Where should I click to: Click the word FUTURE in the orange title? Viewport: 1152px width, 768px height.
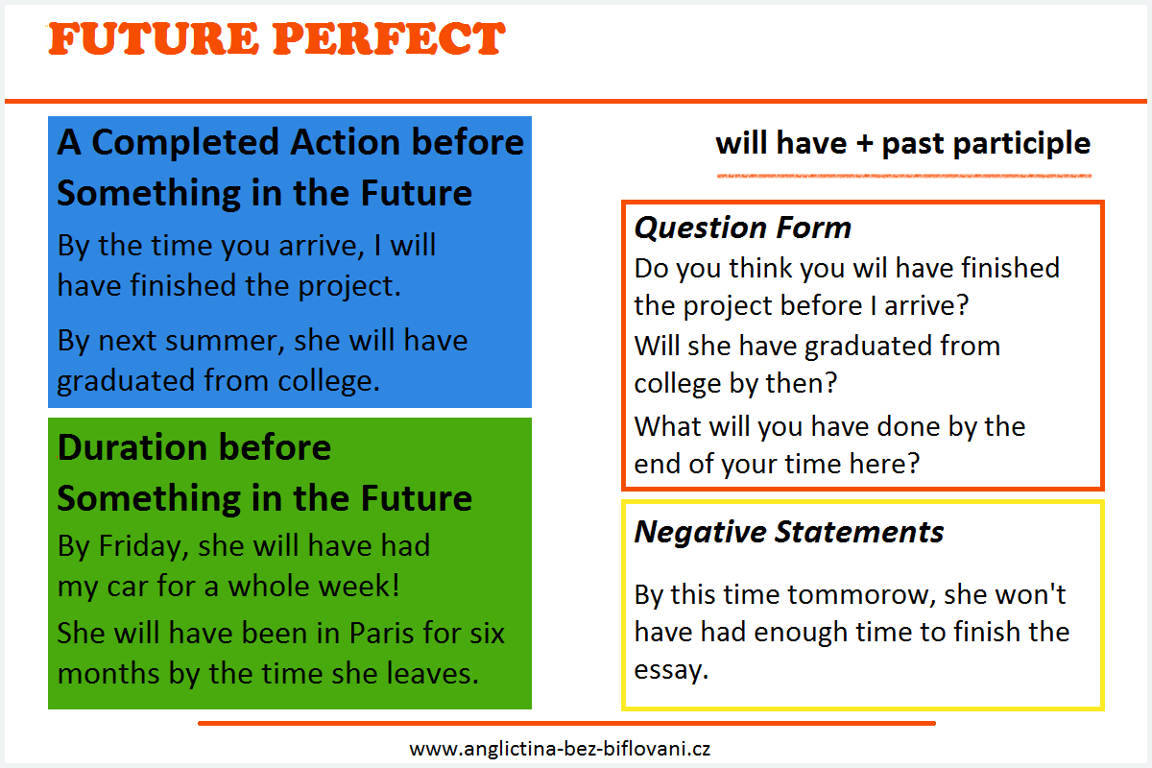[154, 38]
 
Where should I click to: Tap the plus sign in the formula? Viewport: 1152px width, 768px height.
[865, 143]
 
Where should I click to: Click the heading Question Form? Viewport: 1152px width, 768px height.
[743, 228]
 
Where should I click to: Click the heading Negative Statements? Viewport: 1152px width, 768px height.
[789, 532]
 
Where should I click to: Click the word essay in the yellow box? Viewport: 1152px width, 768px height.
[671, 670]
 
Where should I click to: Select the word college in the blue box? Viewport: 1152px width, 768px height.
[328, 382]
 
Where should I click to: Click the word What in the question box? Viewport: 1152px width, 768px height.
[662, 426]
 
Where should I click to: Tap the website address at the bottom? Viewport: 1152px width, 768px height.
[560, 749]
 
